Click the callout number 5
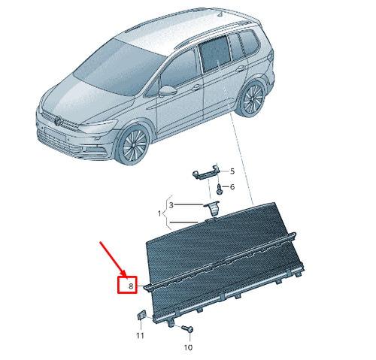(x=232, y=171)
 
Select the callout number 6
(x=232, y=187)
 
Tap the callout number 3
(x=171, y=205)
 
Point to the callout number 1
(x=159, y=213)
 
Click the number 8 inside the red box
(x=131, y=286)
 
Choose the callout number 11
(x=140, y=335)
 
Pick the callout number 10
(x=188, y=347)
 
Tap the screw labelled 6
(x=219, y=189)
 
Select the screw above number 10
(x=187, y=328)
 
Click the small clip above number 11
(x=141, y=315)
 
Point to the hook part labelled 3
(x=214, y=207)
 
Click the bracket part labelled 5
(x=206, y=172)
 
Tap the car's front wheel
(x=134, y=145)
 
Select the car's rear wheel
(x=253, y=98)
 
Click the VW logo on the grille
(x=58, y=121)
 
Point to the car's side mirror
(x=168, y=91)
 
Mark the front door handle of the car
(x=196, y=88)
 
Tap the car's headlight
(x=99, y=126)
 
